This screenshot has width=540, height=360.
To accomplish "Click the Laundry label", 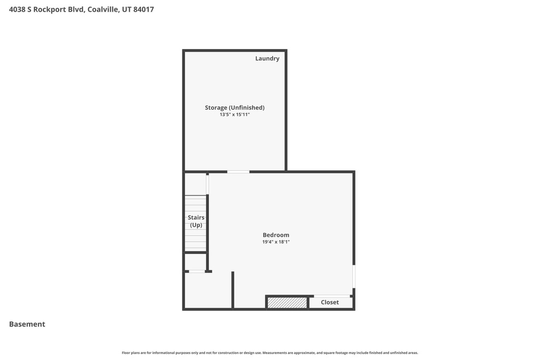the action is pos(267,59).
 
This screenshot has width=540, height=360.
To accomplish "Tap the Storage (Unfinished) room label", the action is pos(235,108).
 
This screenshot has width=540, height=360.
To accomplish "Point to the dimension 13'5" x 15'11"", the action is pos(235,114).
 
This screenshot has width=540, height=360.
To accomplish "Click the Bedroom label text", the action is pos(276,235).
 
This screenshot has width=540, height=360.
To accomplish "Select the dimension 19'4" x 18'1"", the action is pos(276,242).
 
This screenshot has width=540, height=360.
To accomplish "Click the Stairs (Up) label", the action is pos(196,221).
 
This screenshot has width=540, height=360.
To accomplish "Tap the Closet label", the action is pos(330,302).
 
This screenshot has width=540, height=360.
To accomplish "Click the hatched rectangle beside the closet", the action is pos(287,303).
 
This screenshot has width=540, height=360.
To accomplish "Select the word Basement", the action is pos(27,324).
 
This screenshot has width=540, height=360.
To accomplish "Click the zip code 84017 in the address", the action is pos(143,9).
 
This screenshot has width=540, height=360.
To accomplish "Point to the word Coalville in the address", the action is pos(103,9).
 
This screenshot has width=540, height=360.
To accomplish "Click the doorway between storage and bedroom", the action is pos(238,172).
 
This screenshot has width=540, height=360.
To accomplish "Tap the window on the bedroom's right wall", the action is pos(354,276).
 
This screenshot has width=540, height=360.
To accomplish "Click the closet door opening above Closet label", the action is pos(332,296).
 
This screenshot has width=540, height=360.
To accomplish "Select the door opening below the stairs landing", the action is pos(197,271).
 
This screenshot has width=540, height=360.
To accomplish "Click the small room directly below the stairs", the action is pos(196,262).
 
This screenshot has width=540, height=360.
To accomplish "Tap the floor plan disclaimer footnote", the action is pos(269,353).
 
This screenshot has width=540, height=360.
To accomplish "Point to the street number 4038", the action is pos(17,9).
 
